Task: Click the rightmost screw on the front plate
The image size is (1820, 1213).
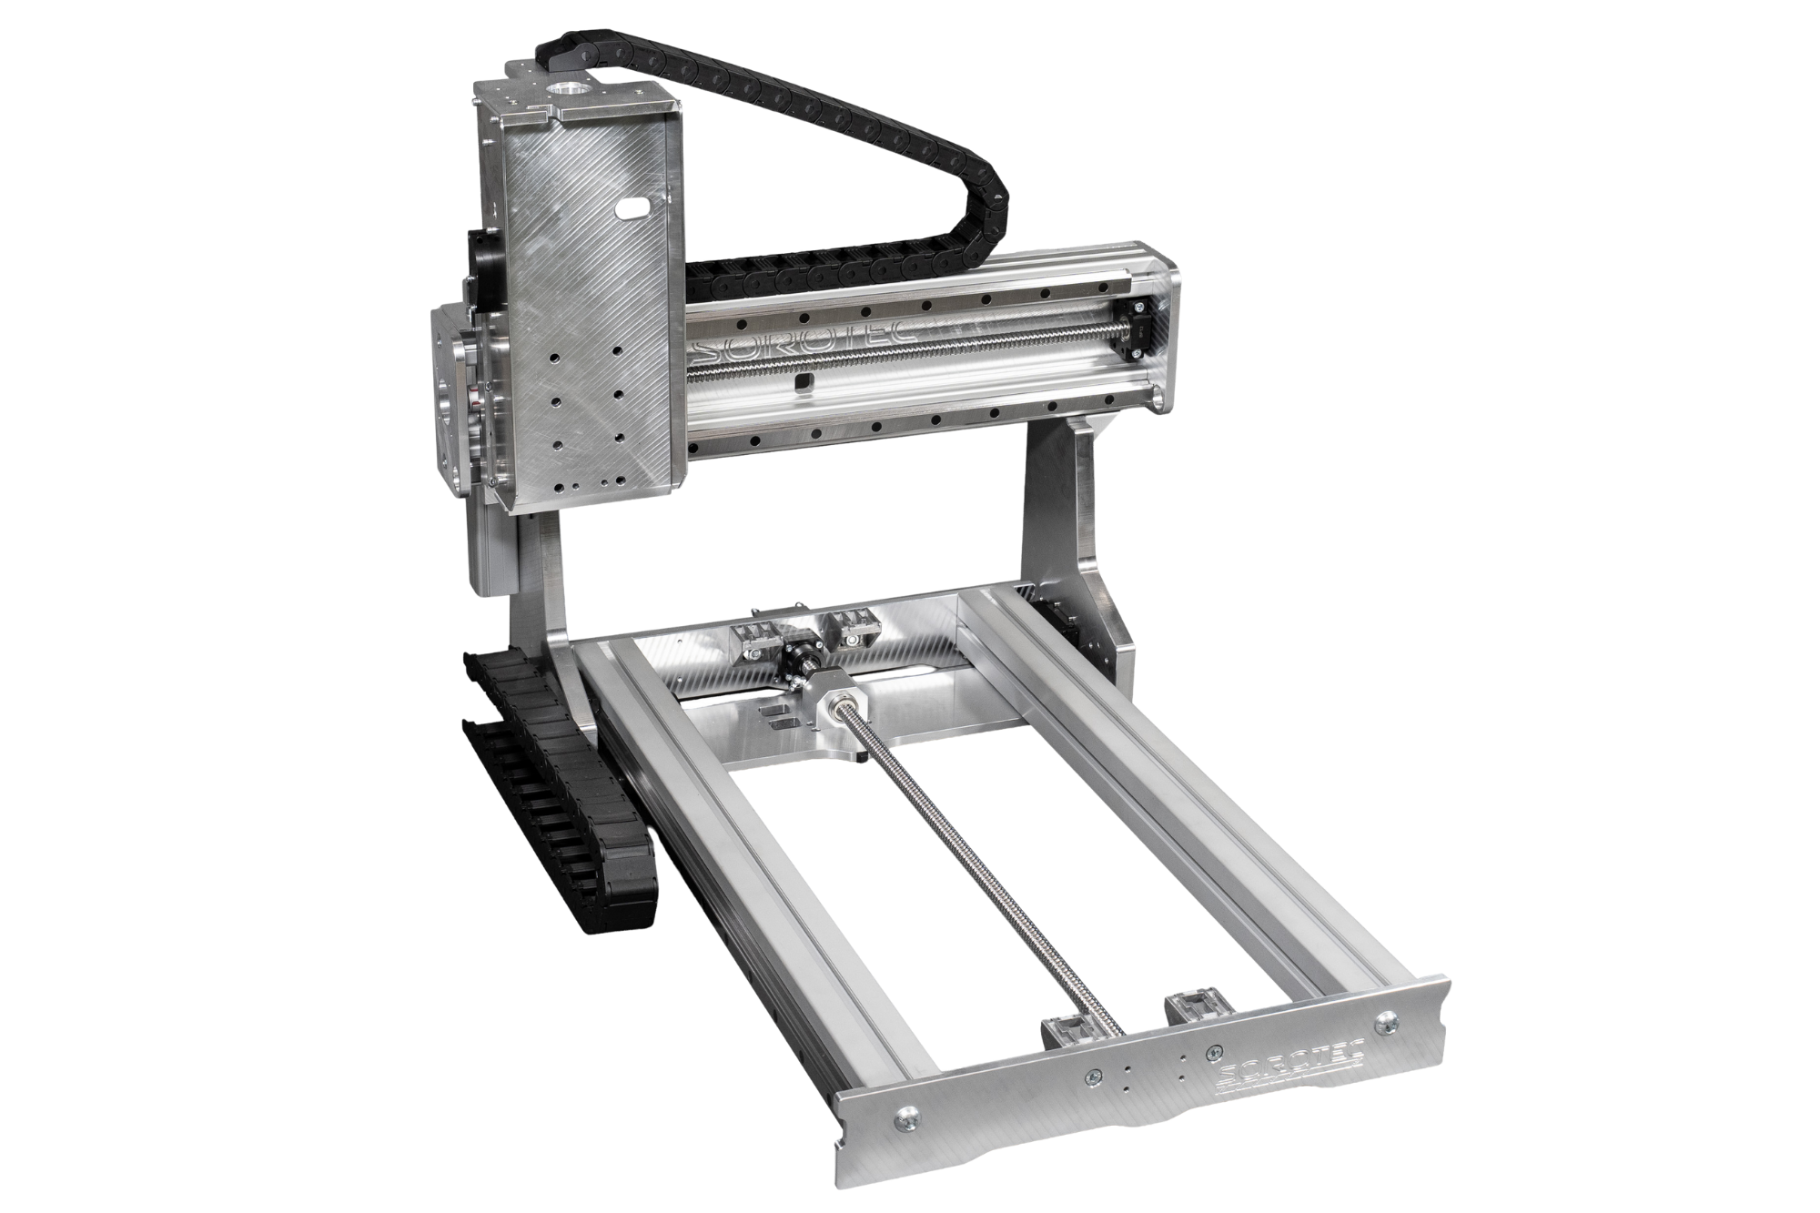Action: (1386, 1022)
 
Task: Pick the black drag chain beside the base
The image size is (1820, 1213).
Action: (555, 782)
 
